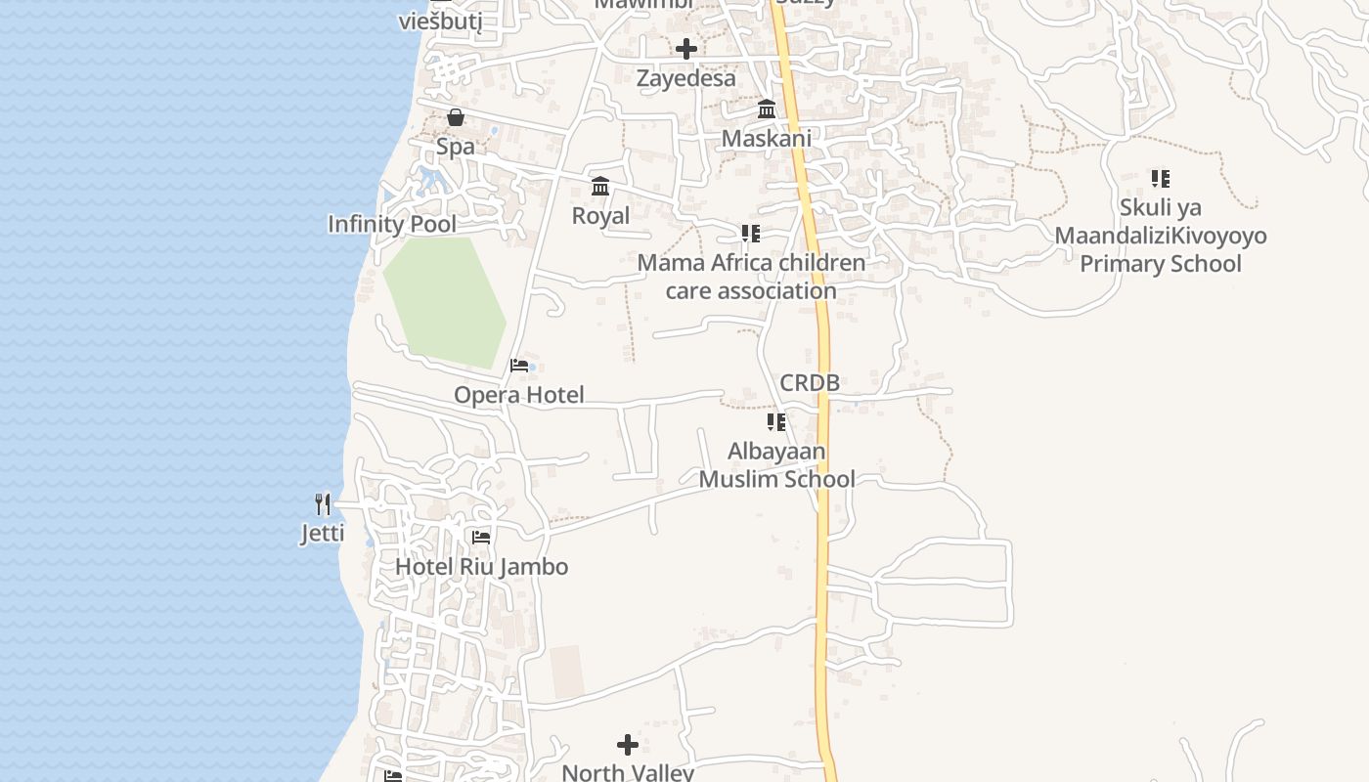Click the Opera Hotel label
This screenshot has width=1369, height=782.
click(518, 395)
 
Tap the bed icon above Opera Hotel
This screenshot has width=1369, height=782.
click(519, 366)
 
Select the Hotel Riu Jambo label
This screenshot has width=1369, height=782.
click(481, 567)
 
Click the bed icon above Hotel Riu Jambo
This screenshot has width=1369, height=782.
click(481, 538)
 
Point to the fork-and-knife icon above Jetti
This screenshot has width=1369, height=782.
click(323, 504)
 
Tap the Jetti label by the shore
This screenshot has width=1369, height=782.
click(323, 534)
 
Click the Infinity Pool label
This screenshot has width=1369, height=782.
click(391, 224)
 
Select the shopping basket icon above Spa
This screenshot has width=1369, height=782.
click(456, 118)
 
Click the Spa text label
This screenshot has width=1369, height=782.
click(456, 147)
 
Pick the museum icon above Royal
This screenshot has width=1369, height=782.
click(600, 187)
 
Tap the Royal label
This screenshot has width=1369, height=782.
click(600, 215)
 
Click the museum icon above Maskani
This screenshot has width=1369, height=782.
click(767, 109)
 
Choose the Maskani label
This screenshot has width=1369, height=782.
click(767, 139)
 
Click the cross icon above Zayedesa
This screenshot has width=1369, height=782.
click(686, 49)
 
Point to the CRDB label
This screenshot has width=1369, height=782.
click(810, 383)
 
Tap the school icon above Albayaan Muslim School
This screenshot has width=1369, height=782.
click(776, 422)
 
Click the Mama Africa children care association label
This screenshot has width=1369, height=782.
click(751, 277)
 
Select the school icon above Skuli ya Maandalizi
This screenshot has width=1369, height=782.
click(1161, 179)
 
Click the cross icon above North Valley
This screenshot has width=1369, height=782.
click(628, 746)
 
